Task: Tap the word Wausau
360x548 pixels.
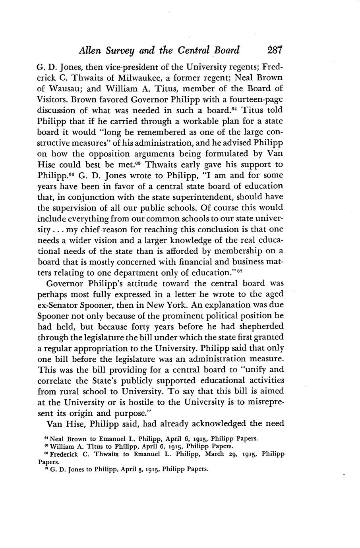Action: click(66, 88)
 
